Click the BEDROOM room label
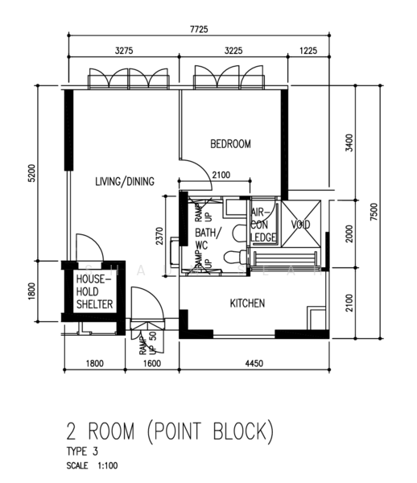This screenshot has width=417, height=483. [230, 144]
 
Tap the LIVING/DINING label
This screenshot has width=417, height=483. [124, 181]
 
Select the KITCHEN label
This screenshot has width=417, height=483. [248, 303]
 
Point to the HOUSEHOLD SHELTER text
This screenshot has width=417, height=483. [93, 291]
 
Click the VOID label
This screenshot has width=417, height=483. [300, 225]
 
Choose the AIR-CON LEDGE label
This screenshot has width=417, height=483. [264, 225]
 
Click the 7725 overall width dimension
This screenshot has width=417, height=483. [199, 30]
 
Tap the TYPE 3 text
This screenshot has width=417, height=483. [83, 452]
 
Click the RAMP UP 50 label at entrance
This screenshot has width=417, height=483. [147, 343]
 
